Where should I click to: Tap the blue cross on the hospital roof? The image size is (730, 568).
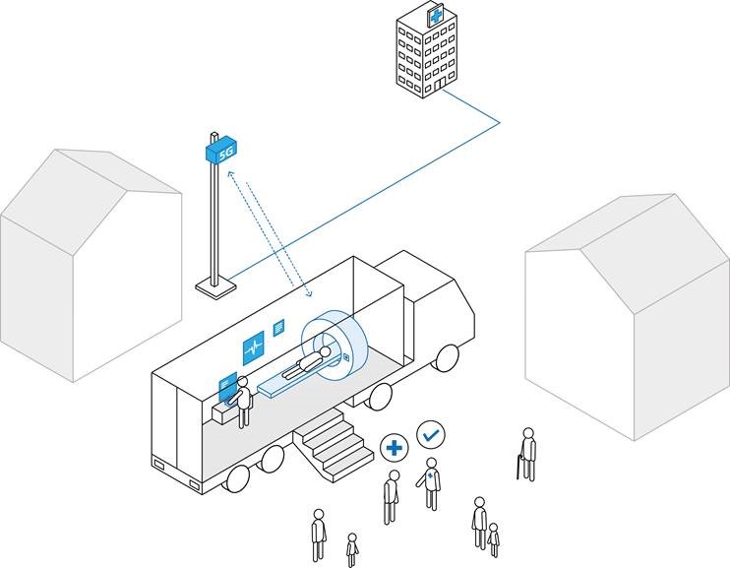coord(435,16)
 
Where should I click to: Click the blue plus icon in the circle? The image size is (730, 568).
coord(394,448)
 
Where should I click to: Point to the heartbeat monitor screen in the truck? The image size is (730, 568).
coord(254,347)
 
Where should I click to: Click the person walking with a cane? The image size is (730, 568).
coord(527,454)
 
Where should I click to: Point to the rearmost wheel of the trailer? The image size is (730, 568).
coord(237,478)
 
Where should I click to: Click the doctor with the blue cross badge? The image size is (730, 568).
coord(431,483)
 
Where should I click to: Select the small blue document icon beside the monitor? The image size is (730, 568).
coord(279,325)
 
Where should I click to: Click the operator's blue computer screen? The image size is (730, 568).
coord(226,384)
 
